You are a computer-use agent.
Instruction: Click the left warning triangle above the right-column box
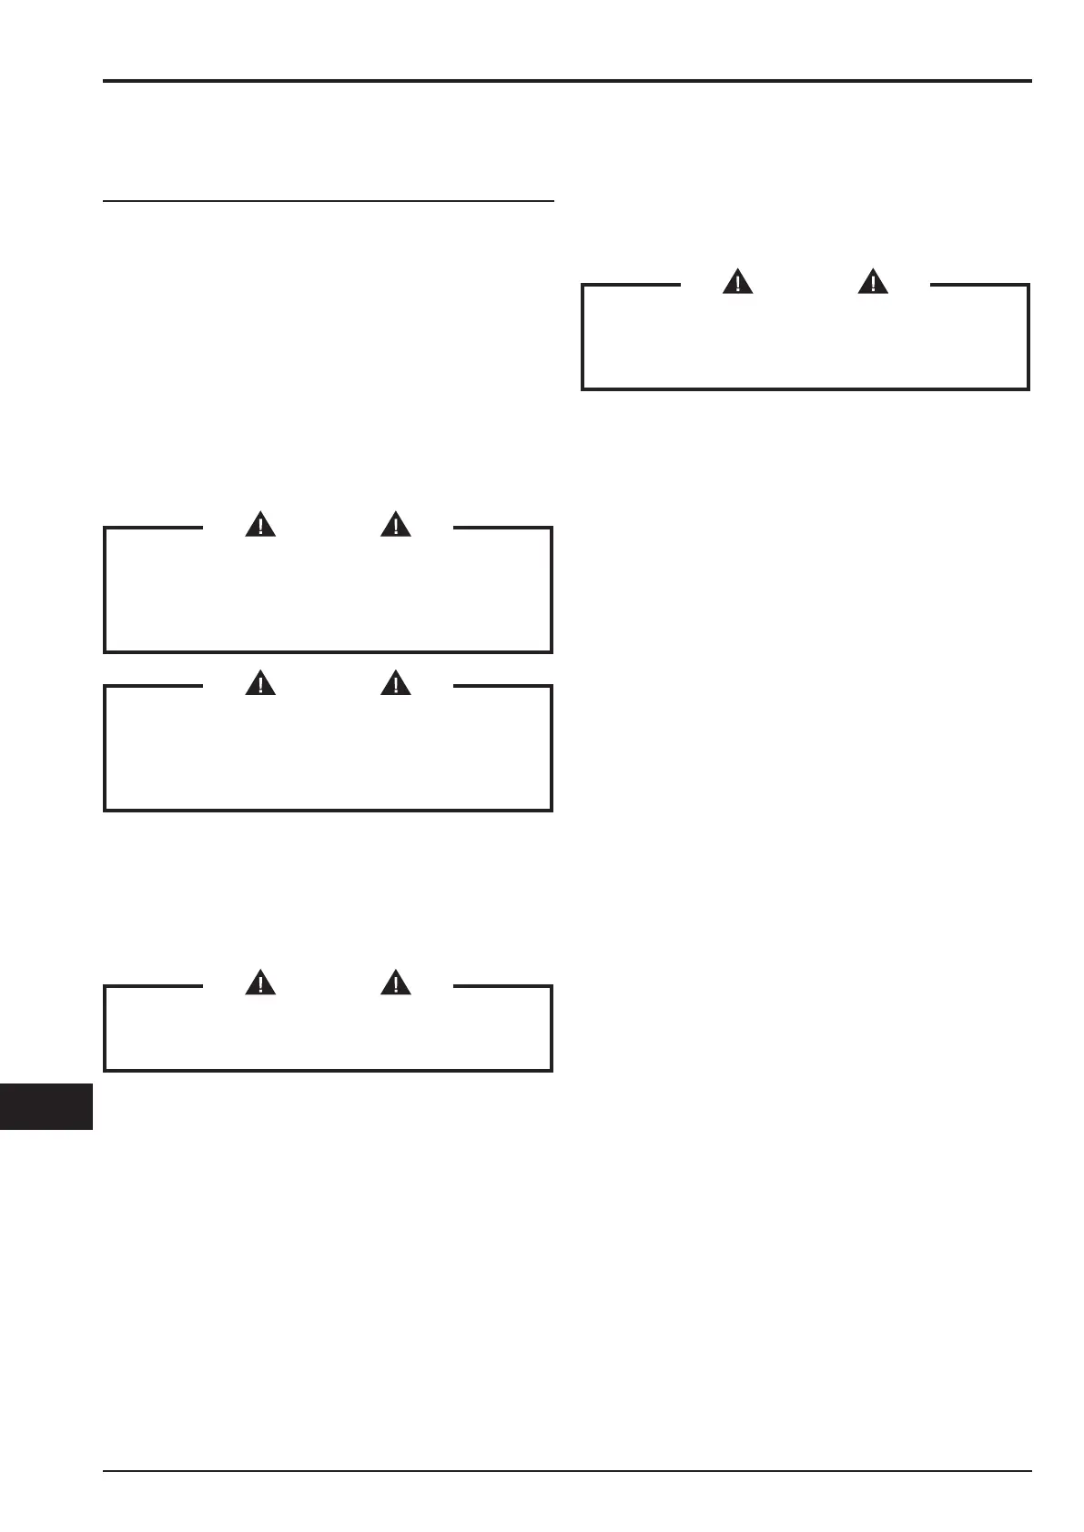tap(737, 283)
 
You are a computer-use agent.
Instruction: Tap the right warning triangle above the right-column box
tap(873, 283)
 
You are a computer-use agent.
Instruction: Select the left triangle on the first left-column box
tap(260, 525)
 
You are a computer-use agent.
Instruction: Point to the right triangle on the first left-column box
tap(396, 525)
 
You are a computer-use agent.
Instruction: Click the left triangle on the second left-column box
tap(260, 683)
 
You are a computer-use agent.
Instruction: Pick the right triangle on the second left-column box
tap(396, 683)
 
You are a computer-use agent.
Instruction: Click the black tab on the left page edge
tap(46, 1106)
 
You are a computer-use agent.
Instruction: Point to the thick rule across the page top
tap(567, 81)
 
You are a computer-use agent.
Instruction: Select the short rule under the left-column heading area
tap(328, 200)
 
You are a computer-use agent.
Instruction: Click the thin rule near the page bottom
tap(567, 1470)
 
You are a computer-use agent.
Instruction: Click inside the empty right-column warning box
tap(805, 341)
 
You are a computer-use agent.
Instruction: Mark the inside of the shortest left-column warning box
tap(328, 1032)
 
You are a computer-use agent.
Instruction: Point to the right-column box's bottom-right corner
tap(1028, 388)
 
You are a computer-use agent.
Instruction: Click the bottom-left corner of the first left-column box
tap(106, 651)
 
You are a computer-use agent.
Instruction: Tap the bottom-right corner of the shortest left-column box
tap(552, 1070)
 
